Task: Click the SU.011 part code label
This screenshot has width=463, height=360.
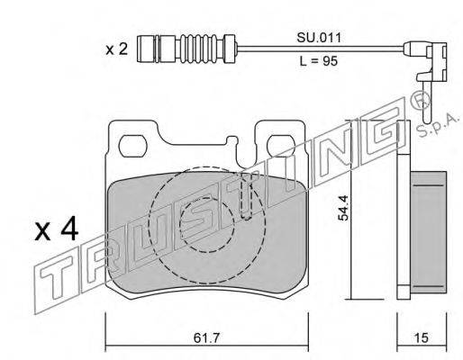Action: [x=319, y=38]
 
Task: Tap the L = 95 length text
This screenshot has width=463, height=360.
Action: [x=319, y=61]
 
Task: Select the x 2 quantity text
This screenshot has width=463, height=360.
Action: [x=117, y=49]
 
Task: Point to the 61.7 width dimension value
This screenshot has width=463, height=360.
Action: [x=207, y=338]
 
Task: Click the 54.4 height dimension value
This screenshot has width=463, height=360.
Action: [x=343, y=208]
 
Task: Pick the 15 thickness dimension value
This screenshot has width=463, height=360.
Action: [x=422, y=338]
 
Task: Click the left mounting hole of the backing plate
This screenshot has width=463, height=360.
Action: [x=133, y=146]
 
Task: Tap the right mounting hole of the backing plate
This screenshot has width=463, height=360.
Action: [x=281, y=146]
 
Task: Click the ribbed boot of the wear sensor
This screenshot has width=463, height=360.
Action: [x=203, y=49]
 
